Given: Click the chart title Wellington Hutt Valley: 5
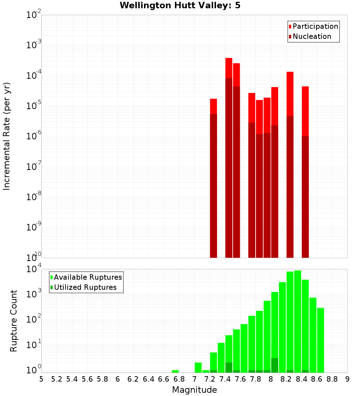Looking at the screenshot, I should tap(180, 5).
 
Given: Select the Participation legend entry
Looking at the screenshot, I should tap(315, 26).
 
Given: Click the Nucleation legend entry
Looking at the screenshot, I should tap(311, 36).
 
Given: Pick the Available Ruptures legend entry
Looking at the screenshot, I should tap(87, 277).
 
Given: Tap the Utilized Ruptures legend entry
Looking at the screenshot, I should tap(85, 287).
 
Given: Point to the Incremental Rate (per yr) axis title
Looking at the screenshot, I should tap(7, 136).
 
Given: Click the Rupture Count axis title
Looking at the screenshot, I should tap(14, 320).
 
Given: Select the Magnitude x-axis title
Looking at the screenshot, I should tap(194, 390).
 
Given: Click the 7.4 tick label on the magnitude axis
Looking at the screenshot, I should tap(225, 379).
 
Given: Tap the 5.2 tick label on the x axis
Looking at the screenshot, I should tap(57, 379).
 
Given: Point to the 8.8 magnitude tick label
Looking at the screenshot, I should tap(332, 379).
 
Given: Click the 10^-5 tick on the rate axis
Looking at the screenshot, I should tap(34, 105).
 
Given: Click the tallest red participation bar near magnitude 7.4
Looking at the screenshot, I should tap(229, 68).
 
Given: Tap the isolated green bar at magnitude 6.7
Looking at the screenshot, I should tap(175, 371).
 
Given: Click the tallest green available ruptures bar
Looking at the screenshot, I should tap(298, 320).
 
